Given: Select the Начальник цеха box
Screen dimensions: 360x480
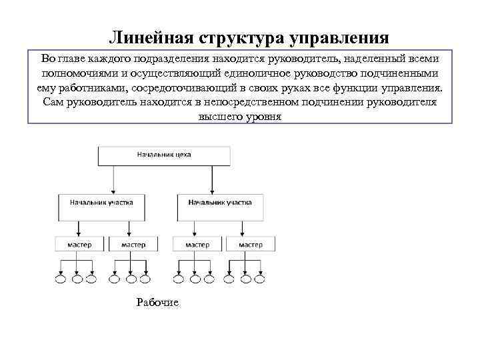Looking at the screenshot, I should click(x=164, y=155).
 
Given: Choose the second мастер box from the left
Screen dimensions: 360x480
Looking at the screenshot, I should click(x=133, y=245).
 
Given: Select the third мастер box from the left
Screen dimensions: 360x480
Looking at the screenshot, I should click(x=197, y=245).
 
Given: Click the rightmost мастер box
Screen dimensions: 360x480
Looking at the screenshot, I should click(x=251, y=245).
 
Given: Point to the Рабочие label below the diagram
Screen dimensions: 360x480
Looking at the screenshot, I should click(x=157, y=303).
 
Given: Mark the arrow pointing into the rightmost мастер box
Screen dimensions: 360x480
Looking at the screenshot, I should click(x=251, y=230).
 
